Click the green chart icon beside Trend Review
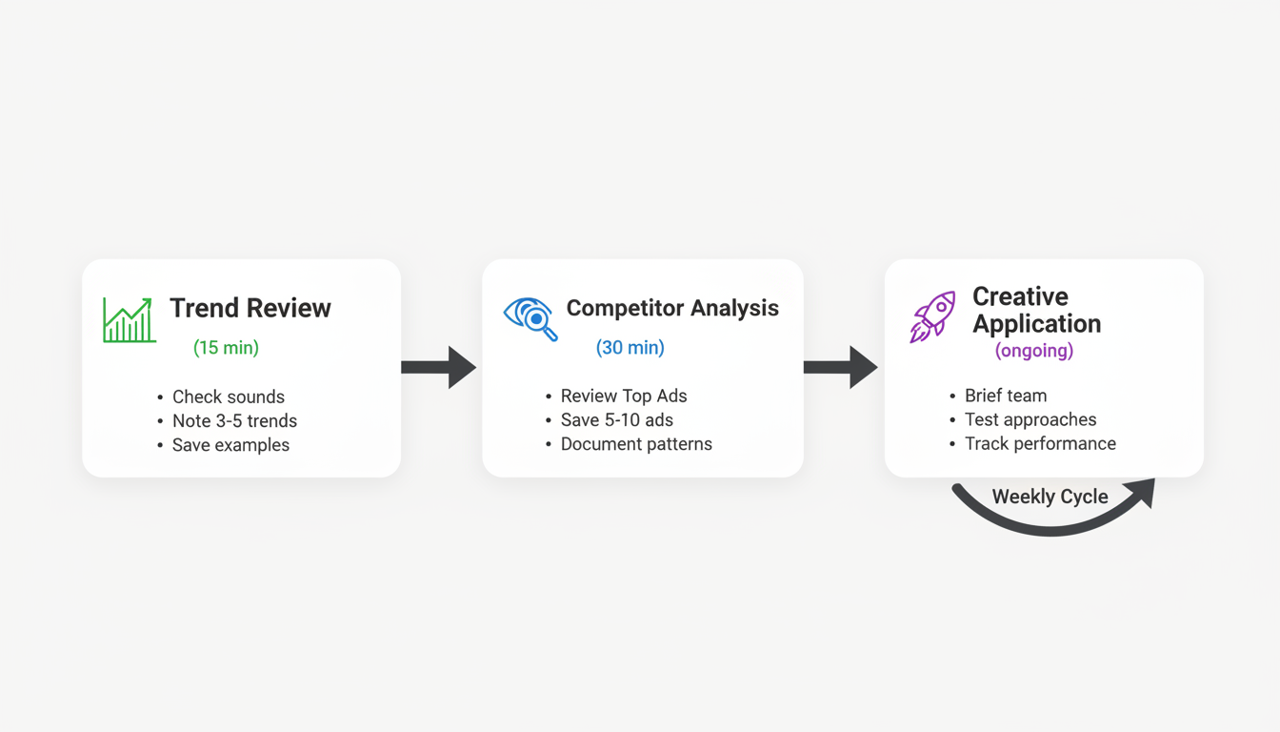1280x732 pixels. click(x=129, y=320)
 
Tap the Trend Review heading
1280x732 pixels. click(x=250, y=308)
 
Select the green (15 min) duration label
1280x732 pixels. click(x=226, y=348)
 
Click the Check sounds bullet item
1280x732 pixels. click(x=228, y=396)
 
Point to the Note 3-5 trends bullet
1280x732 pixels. click(x=234, y=420)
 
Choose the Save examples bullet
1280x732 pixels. click(x=230, y=445)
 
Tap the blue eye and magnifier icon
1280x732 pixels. click(x=530, y=318)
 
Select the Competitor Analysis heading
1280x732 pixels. click(x=672, y=308)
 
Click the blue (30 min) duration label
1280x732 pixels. click(x=630, y=348)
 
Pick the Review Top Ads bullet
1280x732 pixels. click(x=623, y=396)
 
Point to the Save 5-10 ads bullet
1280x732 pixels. click(x=616, y=419)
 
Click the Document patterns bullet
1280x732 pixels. click(x=635, y=444)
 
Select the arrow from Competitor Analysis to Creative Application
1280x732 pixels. click(x=840, y=367)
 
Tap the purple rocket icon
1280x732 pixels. click(x=932, y=317)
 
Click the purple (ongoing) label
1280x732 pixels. click(x=1034, y=351)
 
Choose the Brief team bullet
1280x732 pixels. click(x=1005, y=396)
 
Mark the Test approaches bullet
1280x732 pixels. click(x=1030, y=419)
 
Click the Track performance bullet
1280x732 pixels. click(x=1040, y=443)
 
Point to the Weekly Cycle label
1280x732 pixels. click(x=1050, y=497)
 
